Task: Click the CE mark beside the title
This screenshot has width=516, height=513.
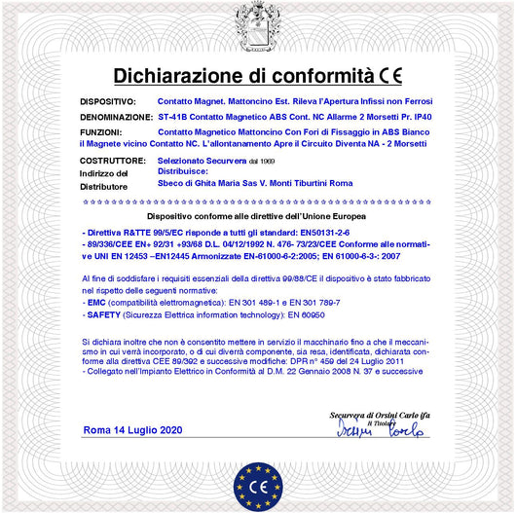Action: pos(391,75)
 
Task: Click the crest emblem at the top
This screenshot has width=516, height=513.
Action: pos(258,23)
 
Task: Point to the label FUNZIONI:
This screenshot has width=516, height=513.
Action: pos(100,130)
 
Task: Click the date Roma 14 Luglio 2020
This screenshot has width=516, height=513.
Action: pos(132,429)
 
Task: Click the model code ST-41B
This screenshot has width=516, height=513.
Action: pos(173,116)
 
